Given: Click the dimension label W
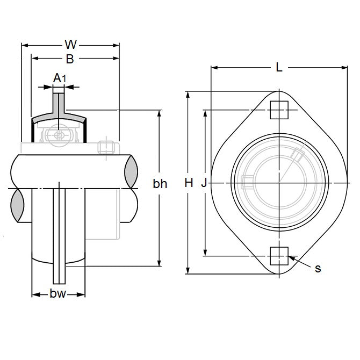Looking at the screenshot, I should [70, 44].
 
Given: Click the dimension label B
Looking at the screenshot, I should [70, 59].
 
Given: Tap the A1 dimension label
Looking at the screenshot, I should [60, 78].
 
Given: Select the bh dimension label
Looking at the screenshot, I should [160, 184].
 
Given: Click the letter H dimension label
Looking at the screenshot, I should [188, 183].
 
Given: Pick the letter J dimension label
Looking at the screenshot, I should [204, 183].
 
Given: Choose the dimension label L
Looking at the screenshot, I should [278, 67].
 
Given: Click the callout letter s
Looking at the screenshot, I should [318, 268].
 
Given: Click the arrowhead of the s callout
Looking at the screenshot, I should [291, 258].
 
